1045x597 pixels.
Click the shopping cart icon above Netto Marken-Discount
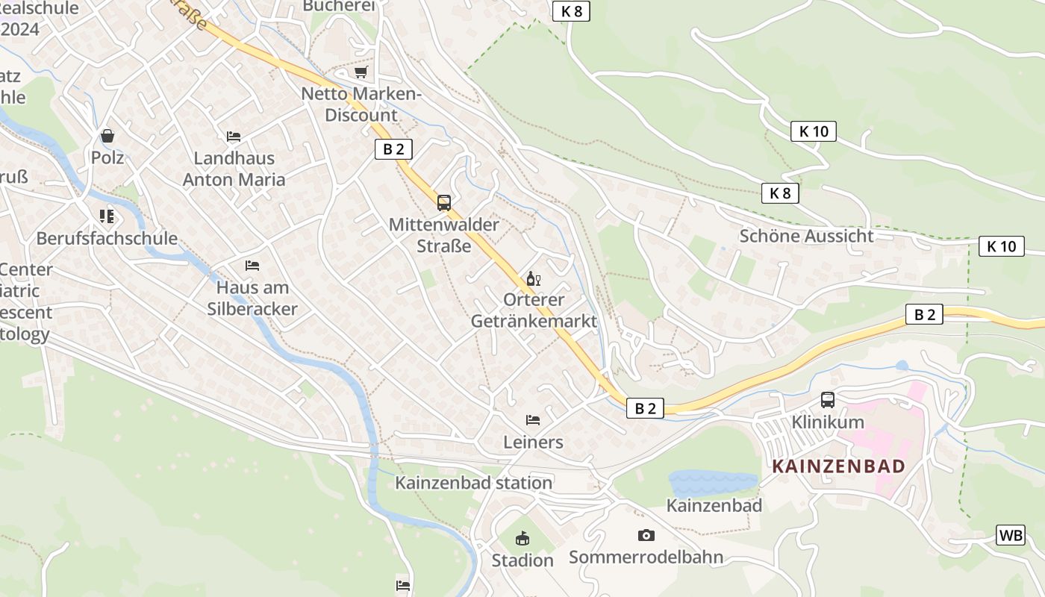tap(361, 72)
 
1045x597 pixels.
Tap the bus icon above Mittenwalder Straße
tap(444, 202)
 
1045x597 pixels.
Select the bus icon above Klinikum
tap(828, 399)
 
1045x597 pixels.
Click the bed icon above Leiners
tap(533, 420)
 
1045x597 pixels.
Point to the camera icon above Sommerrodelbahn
tap(646, 535)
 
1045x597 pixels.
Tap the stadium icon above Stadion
tap(522, 538)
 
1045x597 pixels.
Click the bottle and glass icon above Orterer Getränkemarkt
tap(533, 279)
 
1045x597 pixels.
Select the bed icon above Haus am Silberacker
tap(252, 266)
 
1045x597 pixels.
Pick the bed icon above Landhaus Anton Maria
tap(234, 137)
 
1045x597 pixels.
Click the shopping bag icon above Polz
tap(107, 136)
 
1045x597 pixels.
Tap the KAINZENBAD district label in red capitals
tap(838, 466)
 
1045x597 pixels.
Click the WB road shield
tap(1011, 535)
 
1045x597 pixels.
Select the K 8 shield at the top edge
tap(571, 11)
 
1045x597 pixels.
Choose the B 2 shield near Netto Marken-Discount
tap(393, 149)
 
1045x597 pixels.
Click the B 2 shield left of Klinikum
tap(645, 408)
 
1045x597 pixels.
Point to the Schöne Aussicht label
tap(806, 236)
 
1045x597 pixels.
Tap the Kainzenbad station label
tap(473, 483)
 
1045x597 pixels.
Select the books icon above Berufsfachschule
tap(107, 216)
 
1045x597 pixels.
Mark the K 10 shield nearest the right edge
tap(1002, 246)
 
